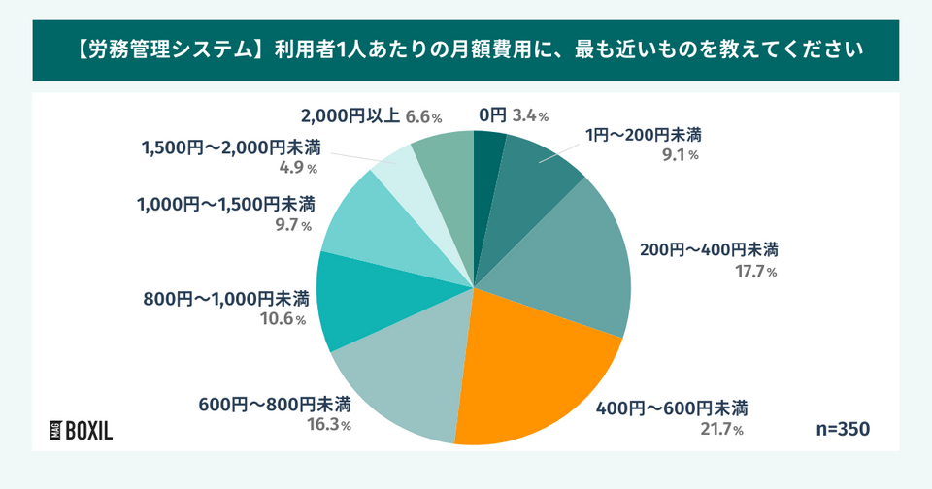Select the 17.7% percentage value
pyautogui.click(x=756, y=272)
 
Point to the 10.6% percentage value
pyautogui.click(x=283, y=319)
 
